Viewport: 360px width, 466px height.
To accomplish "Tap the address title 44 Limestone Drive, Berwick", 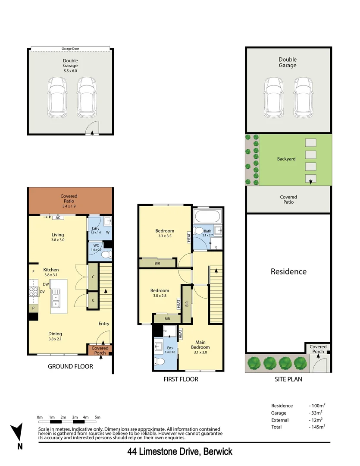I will coord(180,452).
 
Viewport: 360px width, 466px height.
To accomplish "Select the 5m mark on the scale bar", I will coord(97,417).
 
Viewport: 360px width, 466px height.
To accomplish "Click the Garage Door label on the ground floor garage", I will coord(70,49).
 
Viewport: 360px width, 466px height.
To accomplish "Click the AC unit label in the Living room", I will coord(56,218).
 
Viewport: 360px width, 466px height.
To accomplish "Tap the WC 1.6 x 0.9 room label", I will coord(95,248).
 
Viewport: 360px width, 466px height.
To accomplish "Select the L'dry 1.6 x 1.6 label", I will coord(95,230).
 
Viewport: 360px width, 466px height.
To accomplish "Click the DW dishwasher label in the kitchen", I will coord(46,284).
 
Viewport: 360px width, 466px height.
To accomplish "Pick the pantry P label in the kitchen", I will coord(33,309).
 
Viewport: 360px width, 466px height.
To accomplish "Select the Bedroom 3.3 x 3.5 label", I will coord(165,233).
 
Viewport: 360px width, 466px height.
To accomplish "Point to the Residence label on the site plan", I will coord(288,271).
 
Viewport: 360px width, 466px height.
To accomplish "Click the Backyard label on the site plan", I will coord(286,159).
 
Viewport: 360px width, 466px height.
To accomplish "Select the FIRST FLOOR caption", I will coord(181,379).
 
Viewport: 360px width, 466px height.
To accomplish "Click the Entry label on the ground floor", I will coord(104,324).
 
